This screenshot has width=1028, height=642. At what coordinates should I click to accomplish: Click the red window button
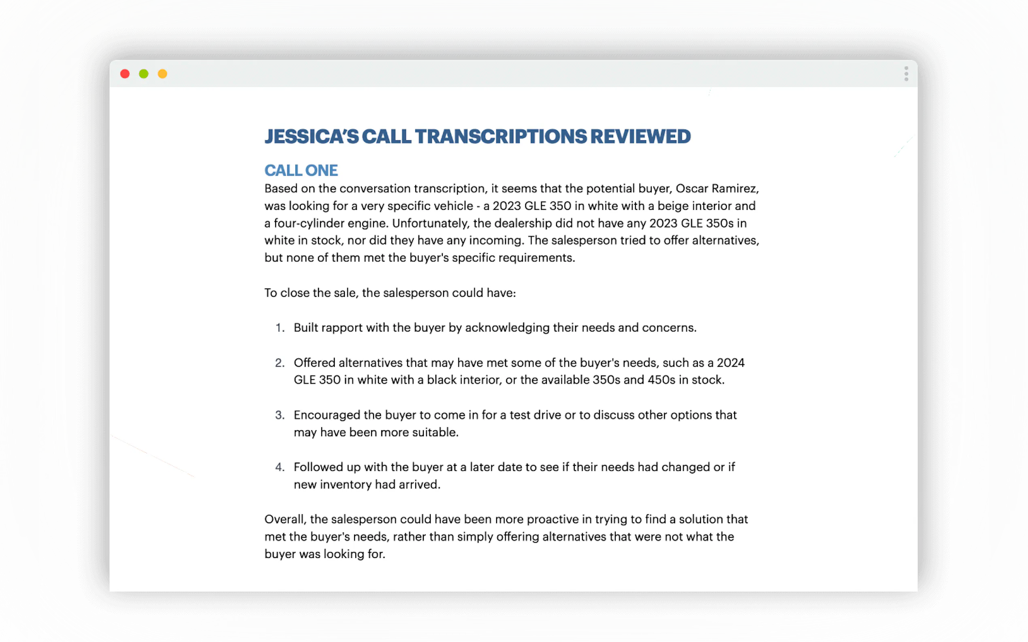tap(125, 74)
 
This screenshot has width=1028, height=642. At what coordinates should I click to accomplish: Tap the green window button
tap(144, 74)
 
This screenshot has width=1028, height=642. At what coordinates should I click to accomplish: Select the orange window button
tap(162, 74)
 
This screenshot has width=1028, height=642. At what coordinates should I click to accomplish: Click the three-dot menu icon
tap(906, 74)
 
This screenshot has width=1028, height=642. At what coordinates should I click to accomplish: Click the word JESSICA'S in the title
tap(312, 137)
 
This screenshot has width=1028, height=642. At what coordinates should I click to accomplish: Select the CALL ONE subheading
tap(301, 171)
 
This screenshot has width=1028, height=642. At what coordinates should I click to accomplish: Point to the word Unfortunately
tap(430, 223)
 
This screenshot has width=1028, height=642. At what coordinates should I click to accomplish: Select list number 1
tap(280, 328)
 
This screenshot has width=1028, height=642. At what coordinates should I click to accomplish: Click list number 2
tap(280, 363)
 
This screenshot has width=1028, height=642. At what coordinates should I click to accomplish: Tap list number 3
tap(280, 415)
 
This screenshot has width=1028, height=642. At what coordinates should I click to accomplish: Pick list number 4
tap(280, 467)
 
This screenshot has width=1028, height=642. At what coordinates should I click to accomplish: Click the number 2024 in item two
tap(731, 363)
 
